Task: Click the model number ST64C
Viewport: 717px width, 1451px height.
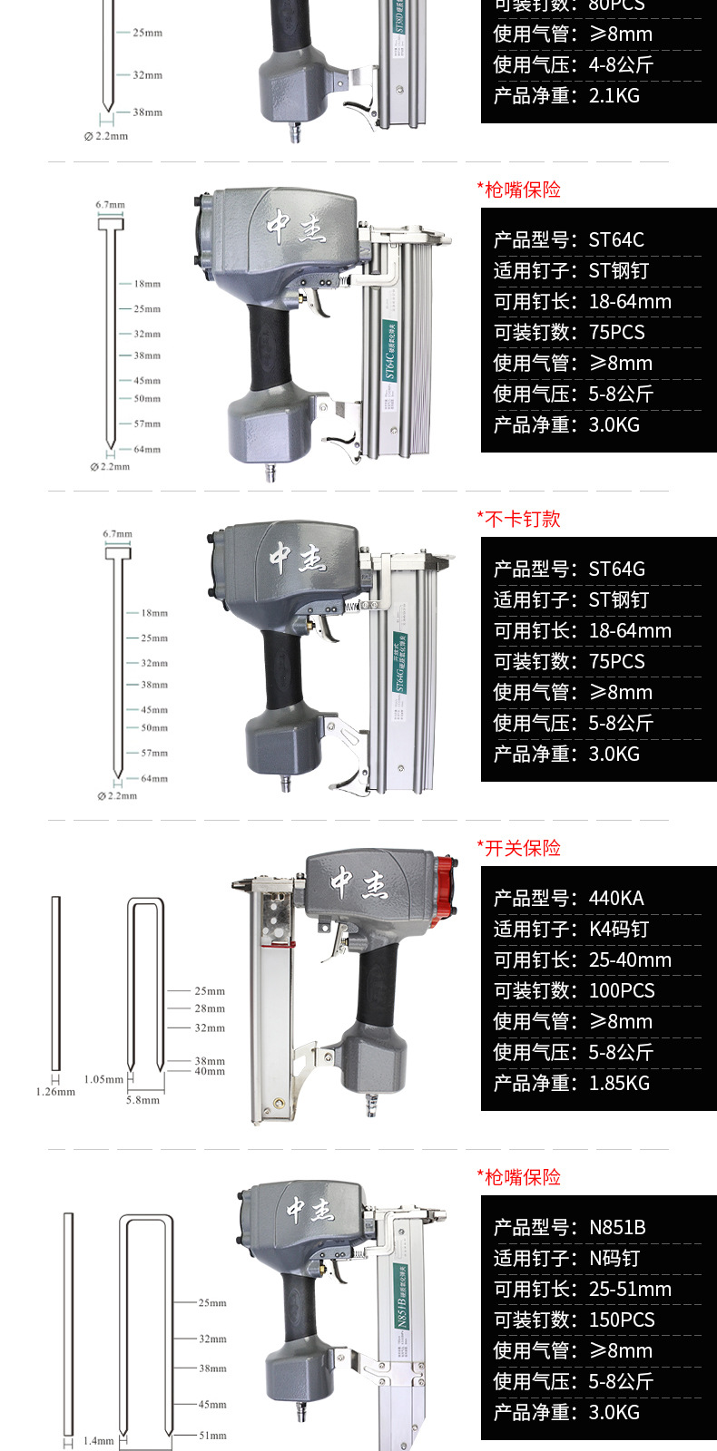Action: tap(616, 240)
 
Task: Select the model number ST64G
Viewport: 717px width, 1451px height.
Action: tap(616, 570)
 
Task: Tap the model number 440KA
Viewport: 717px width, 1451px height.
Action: tap(616, 899)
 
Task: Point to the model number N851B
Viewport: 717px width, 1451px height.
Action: tap(617, 1228)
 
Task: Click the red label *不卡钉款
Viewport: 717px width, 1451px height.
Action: tap(519, 519)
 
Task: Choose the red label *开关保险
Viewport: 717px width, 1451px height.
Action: tap(519, 848)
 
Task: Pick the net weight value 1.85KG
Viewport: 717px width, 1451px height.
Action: tap(619, 1084)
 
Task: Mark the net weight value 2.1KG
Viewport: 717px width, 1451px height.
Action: tap(614, 96)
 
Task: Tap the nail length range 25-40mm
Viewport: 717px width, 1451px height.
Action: tap(630, 960)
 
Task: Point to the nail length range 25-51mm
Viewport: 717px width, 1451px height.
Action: tap(630, 1290)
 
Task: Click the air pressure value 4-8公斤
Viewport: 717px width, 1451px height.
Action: tap(621, 65)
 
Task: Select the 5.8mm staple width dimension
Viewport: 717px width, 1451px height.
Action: tap(142, 1100)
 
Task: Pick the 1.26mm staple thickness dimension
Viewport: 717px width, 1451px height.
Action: tap(55, 1092)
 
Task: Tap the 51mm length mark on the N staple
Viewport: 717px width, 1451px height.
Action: tap(212, 1436)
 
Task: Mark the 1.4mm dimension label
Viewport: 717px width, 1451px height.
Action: tap(99, 1440)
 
